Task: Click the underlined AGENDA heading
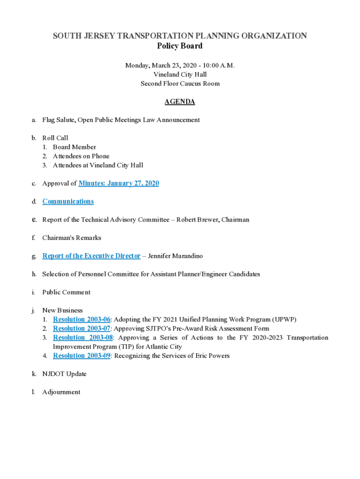(x=180, y=102)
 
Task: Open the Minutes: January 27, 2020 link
(x=119, y=183)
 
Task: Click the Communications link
(x=68, y=202)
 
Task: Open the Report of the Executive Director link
(x=91, y=256)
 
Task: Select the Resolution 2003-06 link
(x=82, y=319)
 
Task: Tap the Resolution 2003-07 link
(x=82, y=328)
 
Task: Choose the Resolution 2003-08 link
(x=83, y=338)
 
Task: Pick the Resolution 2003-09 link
(x=82, y=356)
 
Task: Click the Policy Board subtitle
(x=180, y=46)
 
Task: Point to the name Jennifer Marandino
(x=175, y=256)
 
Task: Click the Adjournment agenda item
(x=61, y=392)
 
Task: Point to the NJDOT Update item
(x=64, y=374)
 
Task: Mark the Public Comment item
(x=66, y=292)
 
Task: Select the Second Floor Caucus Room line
(x=180, y=84)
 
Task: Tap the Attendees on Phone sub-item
(x=81, y=156)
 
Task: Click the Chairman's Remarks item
(x=72, y=238)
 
